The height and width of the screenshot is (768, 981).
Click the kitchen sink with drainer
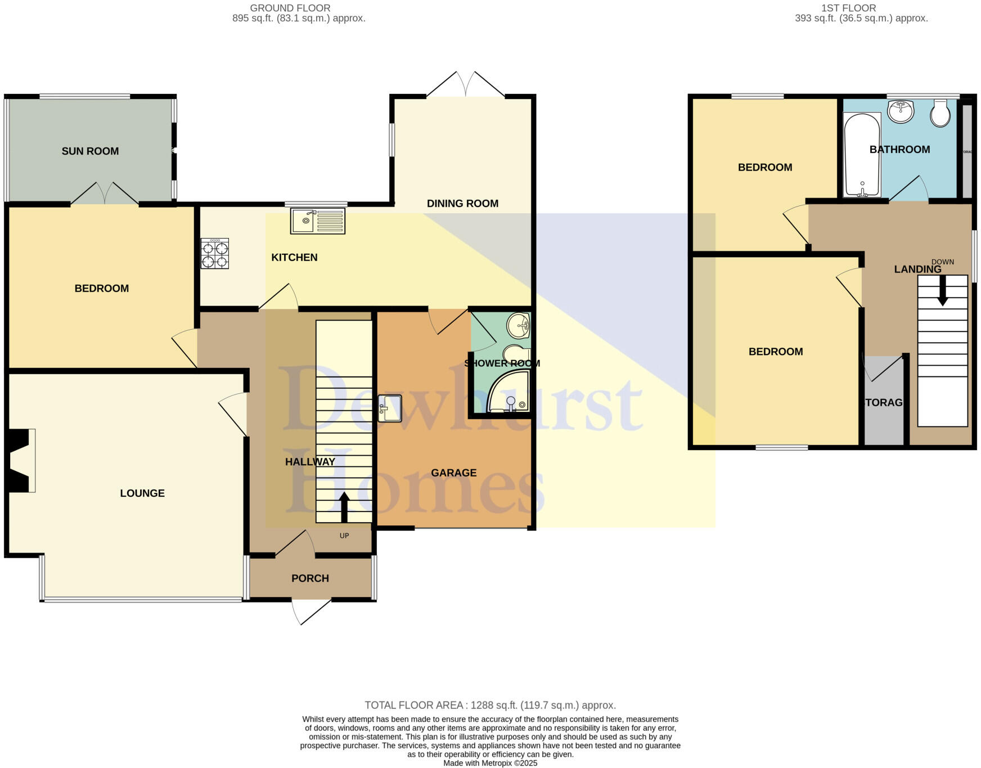point(317,221)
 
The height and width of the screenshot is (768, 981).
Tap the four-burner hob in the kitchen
point(215,254)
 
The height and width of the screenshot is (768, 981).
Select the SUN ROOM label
point(90,151)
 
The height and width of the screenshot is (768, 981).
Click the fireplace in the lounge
point(20,461)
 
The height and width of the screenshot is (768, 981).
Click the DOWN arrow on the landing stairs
point(942,291)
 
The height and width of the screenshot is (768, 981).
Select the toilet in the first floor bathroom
point(940,113)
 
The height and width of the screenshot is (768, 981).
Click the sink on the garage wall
point(390,408)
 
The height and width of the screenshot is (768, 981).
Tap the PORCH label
point(310,578)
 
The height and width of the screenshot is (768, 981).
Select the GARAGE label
point(453,473)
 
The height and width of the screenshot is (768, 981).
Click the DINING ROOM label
point(462,203)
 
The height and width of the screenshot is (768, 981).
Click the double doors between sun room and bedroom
point(105,194)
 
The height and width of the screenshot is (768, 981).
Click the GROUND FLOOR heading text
point(290,8)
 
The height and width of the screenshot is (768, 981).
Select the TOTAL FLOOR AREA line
point(490,705)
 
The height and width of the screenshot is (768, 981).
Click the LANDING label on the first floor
point(917,270)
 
